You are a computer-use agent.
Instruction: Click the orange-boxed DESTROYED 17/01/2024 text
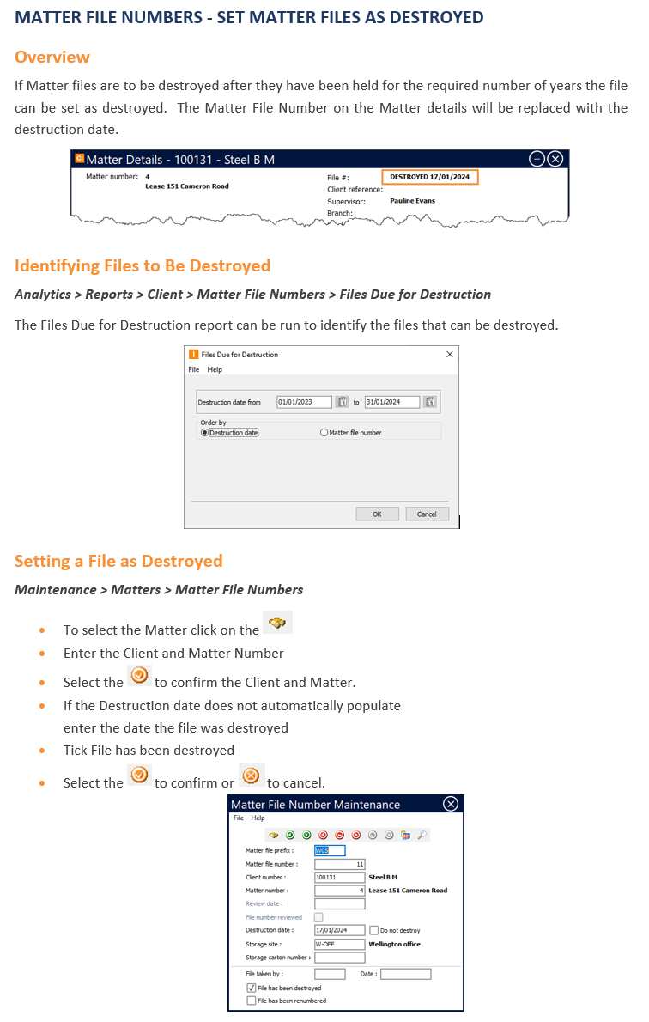click(429, 177)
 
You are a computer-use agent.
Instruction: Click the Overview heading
click(52, 58)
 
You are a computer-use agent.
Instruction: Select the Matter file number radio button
click(324, 433)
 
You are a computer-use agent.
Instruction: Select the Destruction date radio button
click(204, 433)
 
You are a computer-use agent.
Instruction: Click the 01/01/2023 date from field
click(304, 402)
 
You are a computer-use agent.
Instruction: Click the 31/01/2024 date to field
click(391, 402)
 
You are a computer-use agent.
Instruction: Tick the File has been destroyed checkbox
click(251, 989)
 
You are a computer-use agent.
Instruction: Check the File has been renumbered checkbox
click(251, 1001)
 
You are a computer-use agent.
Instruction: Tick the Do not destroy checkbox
click(373, 930)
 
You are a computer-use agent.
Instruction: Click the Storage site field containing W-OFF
click(339, 944)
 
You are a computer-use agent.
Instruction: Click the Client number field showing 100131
click(339, 877)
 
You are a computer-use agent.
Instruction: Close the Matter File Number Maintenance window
click(451, 804)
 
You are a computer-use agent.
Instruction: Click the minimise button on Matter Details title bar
click(537, 159)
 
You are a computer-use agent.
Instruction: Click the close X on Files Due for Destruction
click(449, 354)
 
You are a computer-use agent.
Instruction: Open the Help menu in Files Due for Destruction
click(215, 369)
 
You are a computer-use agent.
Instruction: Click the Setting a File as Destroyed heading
click(118, 561)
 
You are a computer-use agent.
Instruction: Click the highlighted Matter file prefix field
click(330, 850)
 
